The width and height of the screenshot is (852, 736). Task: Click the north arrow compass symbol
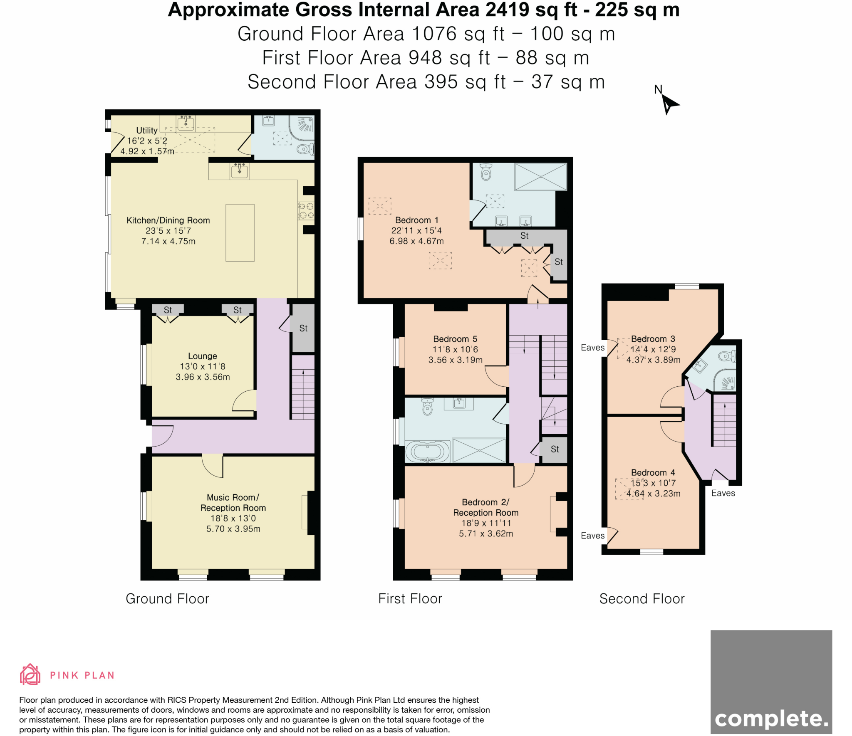coord(668,103)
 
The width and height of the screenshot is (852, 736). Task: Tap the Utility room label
coord(147,131)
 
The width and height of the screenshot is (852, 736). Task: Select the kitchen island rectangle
coord(240,232)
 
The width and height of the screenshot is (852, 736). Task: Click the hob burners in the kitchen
coord(306,210)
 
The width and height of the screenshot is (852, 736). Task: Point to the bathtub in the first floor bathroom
coord(427,452)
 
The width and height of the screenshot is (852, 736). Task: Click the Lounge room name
coord(202,356)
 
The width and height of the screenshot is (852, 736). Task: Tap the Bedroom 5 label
coord(455,339)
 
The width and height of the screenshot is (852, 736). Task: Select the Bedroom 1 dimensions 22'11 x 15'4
coord(416,231)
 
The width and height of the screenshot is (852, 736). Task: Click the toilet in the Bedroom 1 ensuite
coord(485,172)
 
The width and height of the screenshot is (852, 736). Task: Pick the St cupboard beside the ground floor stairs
coord(303,328)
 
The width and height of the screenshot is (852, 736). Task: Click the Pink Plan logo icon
coord(30,674)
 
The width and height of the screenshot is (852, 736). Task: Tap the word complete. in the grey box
coord(771,719)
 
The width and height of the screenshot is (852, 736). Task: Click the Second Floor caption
coord(641,599)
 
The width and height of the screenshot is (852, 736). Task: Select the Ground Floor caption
coord(167,599)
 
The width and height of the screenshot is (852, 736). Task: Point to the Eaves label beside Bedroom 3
coord(592,348)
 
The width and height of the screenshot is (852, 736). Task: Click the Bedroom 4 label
coord(652,472)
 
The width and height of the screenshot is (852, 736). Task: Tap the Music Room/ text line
coord(233,497)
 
